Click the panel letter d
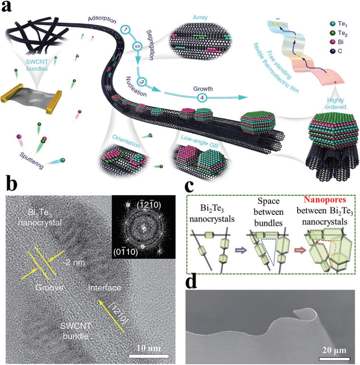click(192, 281)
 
